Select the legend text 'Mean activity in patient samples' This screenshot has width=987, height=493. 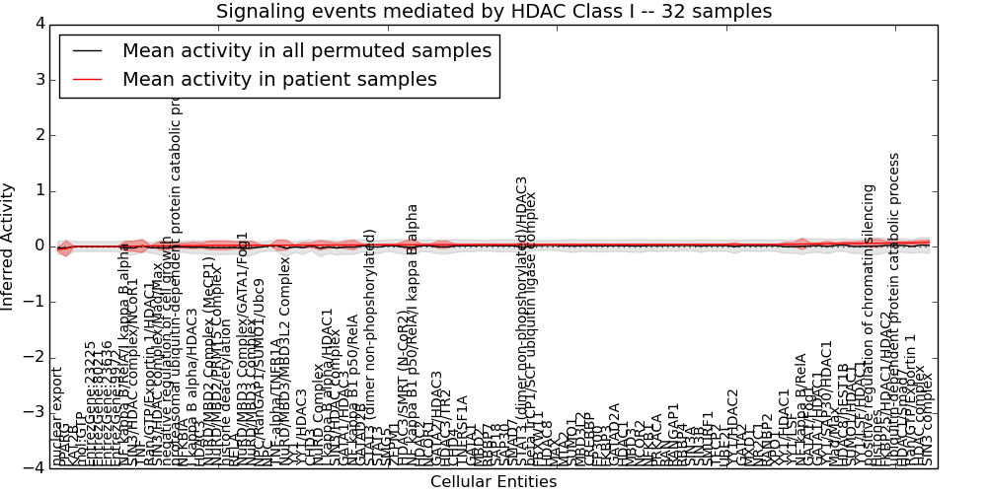279,79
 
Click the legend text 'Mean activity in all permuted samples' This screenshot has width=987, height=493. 306,50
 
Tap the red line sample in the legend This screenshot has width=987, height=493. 87,79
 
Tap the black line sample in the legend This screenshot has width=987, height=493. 87,50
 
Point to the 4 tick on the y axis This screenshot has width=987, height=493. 38,24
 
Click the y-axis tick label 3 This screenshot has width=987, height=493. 38,79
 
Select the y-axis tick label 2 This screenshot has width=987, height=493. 38,135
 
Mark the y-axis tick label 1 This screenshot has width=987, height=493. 38,190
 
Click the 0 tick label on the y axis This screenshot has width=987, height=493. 38,246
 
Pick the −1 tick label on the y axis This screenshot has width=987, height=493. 34,302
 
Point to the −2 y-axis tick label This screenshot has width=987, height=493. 34,357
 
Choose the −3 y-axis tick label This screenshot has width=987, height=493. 34,412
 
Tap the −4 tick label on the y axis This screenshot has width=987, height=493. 34,467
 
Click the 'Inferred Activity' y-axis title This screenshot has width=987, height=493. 9,246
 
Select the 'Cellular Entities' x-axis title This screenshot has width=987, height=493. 493,482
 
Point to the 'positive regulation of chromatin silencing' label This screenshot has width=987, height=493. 870,325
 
